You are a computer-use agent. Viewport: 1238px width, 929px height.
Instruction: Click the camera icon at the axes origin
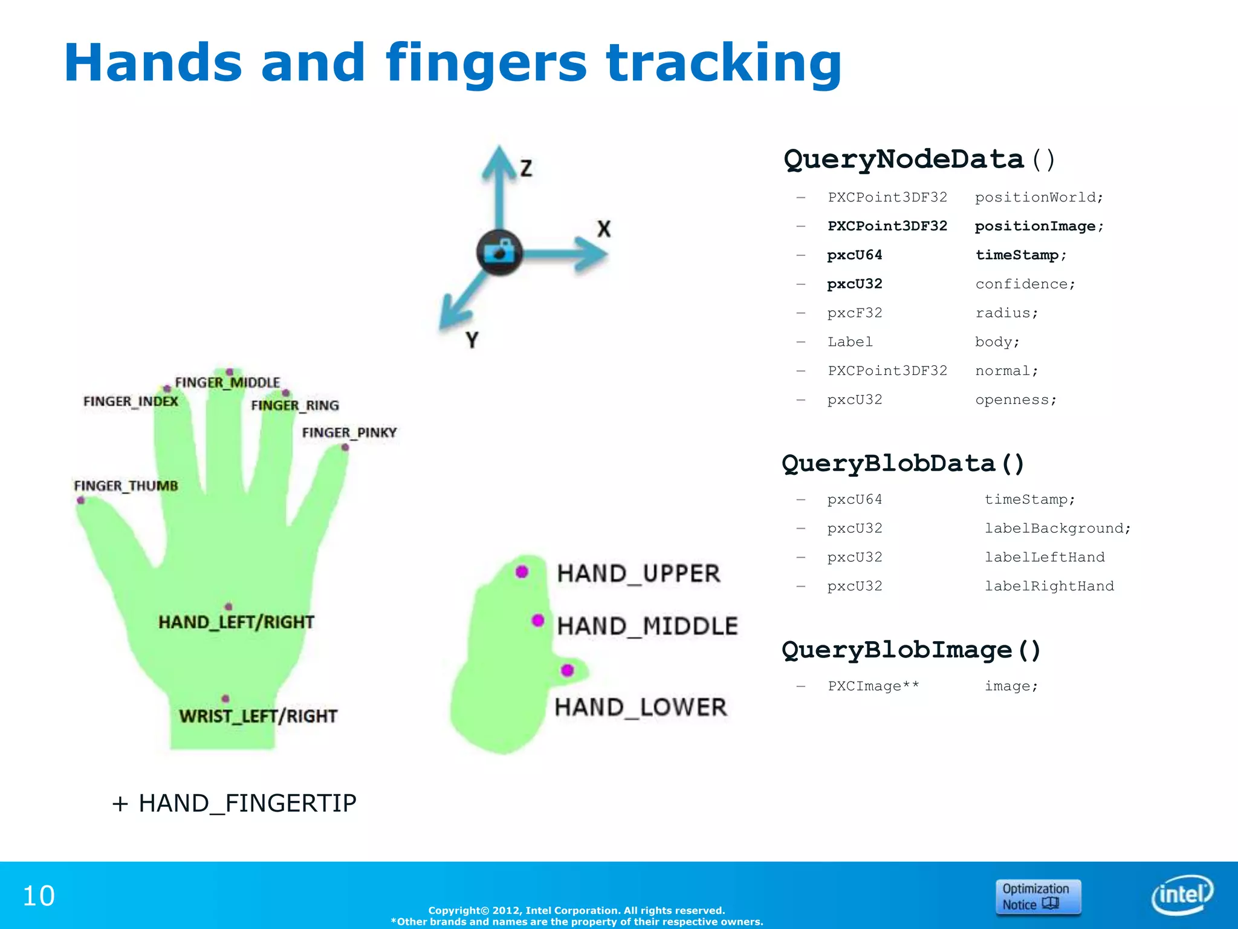pyautogui.click(x=499, y=252)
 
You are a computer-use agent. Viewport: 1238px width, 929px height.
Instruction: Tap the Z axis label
pyautogui.click(x=527, y=168)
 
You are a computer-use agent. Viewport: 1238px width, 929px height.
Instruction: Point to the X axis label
pyautogui.click(x=604, y=229)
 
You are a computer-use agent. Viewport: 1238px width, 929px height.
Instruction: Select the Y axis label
pyautogui.click(x=472, y=340)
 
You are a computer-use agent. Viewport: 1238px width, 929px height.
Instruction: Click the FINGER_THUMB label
pyautogui.click(x=126, y=486)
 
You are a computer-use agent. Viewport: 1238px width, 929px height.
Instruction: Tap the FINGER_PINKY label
pyautogui.click(x=349, y=432)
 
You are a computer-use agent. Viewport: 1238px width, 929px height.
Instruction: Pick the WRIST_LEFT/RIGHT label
pyautogui.click(x=258, y=716)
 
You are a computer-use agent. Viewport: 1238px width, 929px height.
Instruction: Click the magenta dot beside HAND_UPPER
pyautogui.click(x=522, y=572)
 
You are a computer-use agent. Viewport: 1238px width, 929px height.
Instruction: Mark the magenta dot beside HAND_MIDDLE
pyautogui.click(x=538, y=621)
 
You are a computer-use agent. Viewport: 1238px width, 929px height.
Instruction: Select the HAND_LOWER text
pyautogui.click(x=641, y=707)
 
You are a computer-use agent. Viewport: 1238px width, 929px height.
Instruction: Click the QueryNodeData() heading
pyautogui.click(x=919, y=159)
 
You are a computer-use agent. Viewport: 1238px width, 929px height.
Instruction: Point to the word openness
pyautogui.click(x=1016, y=400)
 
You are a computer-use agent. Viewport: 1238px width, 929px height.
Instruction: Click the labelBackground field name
pyautogui.click(x=1057, y=529)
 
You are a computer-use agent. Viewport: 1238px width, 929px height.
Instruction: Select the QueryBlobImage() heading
pyautogui.click(x=911, y=650)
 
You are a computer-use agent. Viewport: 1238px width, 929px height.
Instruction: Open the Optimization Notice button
pyautogui.click(x=1038, y=897)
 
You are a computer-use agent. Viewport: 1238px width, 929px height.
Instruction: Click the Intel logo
pyautogui.click(x=1182, y=895)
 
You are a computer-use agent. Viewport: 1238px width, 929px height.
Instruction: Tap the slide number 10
pyautogui.click(x=39, y=896)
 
